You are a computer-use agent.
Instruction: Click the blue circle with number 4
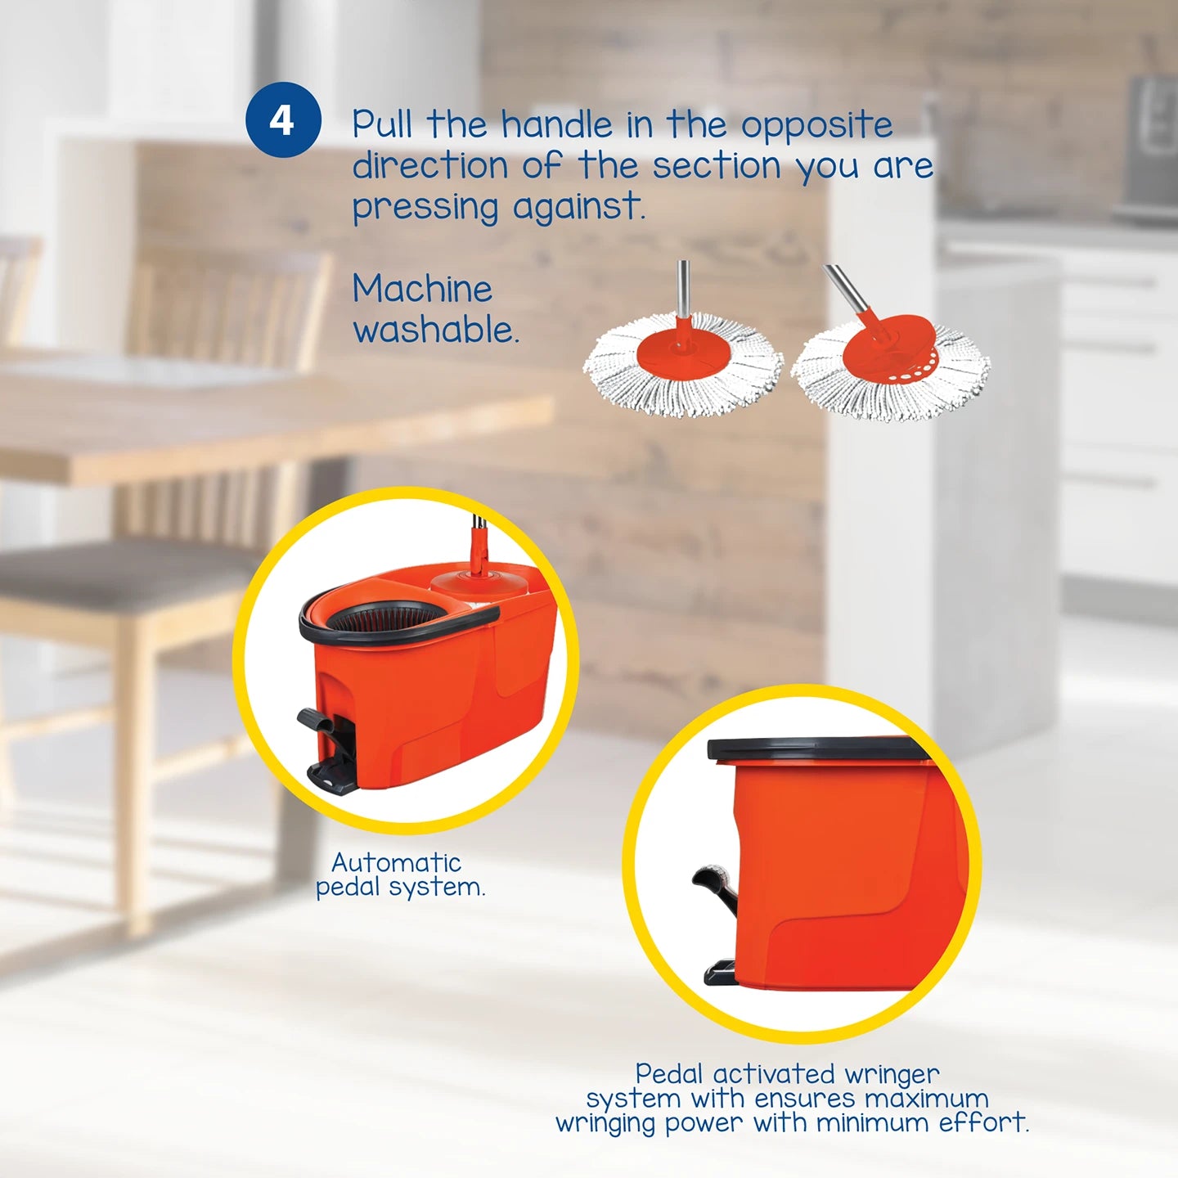click(x=282, y=120)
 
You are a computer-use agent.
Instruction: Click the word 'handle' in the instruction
click(x=556, y=125)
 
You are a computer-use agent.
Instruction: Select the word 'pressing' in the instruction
click(x=425, y=208)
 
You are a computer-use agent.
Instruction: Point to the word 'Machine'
click(x=422, y=289)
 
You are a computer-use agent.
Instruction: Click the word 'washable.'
click(x=436, y=330)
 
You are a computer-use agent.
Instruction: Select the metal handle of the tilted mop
click(x=849, y=290)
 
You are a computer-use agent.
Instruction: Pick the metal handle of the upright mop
click(x=683, y=286)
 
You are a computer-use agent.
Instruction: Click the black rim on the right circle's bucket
click(x=818, y=749)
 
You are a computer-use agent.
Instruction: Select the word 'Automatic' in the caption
click(x=396, y=862)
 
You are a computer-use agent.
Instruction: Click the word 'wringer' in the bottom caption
click(x=891, y=1073)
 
